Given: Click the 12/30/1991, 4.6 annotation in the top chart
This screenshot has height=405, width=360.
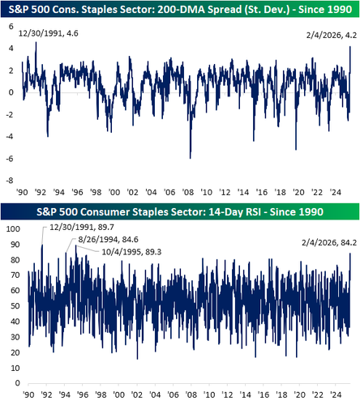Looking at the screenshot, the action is pyautogui.click(x=49, y=33).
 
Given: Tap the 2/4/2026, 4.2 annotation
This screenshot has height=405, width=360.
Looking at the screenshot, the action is pyautogui.click(x=332, y=35).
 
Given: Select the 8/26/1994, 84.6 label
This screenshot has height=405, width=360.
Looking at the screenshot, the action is pyautogui.click(x=108, y=240).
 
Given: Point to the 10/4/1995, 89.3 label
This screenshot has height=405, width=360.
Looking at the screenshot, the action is pyautogui.click(x=131, y=252).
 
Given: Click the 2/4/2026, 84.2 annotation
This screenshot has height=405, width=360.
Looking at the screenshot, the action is pyautogui.click(x=329, y=242).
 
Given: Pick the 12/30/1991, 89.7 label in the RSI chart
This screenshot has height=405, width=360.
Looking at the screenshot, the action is pyautogui.click(x=82, y=227).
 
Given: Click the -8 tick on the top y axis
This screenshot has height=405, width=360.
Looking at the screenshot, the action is pyautogui.click(x=10, y=181).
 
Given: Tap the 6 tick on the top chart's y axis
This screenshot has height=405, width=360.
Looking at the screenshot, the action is pyautogui.click(x=11, y=27).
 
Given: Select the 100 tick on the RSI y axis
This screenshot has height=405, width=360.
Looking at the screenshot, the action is pyautogui.click(x=13, y=229).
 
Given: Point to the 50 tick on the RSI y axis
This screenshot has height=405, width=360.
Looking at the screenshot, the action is pyautogui.click(x=15, y=306).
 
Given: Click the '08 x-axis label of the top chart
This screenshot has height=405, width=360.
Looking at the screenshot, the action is pyautogui.click(x=188, y=192).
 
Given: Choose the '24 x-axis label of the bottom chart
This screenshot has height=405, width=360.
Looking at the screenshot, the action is pyautogui.click(x=336, y=394).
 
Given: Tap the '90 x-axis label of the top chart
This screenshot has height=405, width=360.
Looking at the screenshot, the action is pyautogui.click(x=22, y=192).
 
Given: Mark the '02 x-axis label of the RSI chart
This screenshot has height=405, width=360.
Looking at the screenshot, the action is pyautogui.click(x=136, y=394).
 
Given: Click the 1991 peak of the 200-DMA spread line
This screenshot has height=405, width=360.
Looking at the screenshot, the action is pyautogui.click(x=36, y=42).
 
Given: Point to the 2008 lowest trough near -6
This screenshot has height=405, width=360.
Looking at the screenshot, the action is pyautogui.click(x=191, y=158).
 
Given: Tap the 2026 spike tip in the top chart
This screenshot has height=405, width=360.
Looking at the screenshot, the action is pyautogui.click(x=350, y=47).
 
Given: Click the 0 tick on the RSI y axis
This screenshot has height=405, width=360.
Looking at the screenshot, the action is pyautogui.click(x=18, y=383).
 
